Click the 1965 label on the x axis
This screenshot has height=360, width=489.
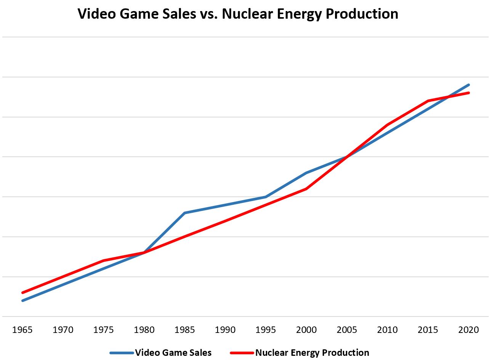click(22, 330)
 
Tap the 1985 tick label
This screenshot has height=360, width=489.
click(184, 330)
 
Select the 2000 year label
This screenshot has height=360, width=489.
click(306, 330)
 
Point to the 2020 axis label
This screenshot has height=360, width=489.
click(468, 330)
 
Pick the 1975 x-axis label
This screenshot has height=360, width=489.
click(103, 330)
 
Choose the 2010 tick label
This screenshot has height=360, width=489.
click(388, 330)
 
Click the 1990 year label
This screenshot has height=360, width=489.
click(225, 330)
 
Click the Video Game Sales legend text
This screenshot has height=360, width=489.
click(173, 353)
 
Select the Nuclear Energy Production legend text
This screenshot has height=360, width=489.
click(312, 353)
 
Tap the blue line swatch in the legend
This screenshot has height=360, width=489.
click(122, 353)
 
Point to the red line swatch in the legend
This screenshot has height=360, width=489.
click(242, 353)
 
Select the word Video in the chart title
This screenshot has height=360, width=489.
click(97, 14)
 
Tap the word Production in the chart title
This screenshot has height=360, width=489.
click(362, 14)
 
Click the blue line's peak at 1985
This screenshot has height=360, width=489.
click(185, 213)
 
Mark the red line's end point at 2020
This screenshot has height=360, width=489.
click(468, 93)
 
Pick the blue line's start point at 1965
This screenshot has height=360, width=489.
click(23, 301)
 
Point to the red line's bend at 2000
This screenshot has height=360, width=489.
click(306, 189)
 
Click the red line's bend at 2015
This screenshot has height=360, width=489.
click(428, 101)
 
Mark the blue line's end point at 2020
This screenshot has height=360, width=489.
click(468, 85)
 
